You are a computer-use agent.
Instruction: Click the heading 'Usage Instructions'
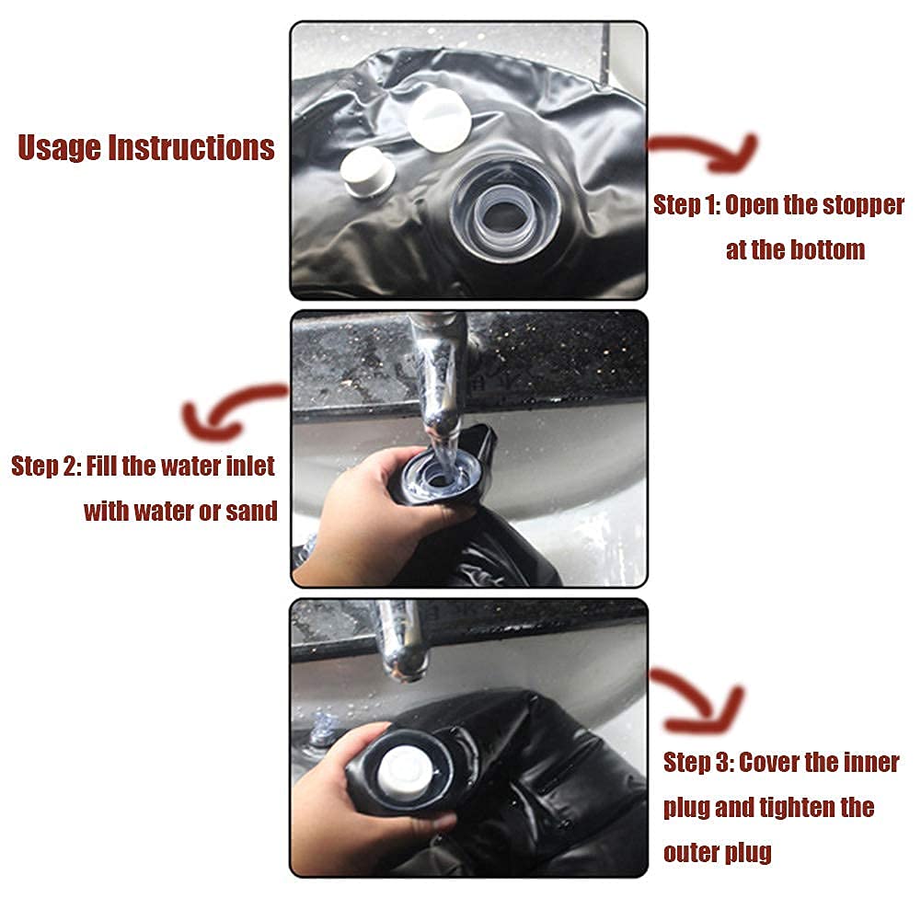(146, 147)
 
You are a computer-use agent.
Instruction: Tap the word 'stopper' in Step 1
(863, 205)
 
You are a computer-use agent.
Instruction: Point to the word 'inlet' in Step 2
(251, 466)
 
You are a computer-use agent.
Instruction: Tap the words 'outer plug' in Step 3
(717, 852)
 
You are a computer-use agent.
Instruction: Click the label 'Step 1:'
(686, 205)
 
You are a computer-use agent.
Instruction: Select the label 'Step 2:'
(46, 466)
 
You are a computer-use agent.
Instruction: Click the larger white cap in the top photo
(438, 121)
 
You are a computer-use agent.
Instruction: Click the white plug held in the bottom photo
(405, 772)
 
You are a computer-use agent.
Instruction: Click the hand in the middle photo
(364, 517)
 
